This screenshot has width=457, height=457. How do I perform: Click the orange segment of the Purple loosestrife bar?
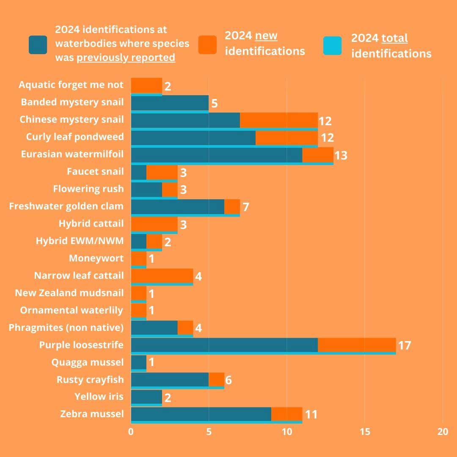pyautogui.click(x=357, y=345)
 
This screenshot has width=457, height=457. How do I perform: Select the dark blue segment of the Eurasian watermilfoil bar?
pyautogui.click(x=217, y=154)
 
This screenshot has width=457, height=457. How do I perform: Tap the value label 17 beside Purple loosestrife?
pyautogui.click(x=405, y=346)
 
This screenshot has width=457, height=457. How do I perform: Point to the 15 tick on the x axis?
pyautogui.click(x=365, y=432)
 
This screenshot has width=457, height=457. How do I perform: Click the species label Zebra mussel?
pyautogui.click(x=92, y=413)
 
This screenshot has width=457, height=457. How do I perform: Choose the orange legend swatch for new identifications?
pyautogui.click(x=207, y=44)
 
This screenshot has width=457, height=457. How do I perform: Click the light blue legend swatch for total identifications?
pyautogui.click(x=332, y=46)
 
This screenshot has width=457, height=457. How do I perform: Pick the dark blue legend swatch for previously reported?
pyautogui.click(x=38, y=44)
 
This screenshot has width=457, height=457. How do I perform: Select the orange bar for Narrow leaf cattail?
pyautogui.click(x=162, y=275)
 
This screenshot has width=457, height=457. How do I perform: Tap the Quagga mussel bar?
pyautogui.click(x=138, y=362)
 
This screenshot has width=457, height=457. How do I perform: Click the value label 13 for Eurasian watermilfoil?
pyautogui.click(x=341, y=155)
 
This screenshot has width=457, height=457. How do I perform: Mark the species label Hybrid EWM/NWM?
pyautogui.click(x=80, y=241)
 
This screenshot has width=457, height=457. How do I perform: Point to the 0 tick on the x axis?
pyautogui.click(x=131, y=432)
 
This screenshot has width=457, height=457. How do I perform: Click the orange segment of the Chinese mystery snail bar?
pyautogui.click(x=279, y=120)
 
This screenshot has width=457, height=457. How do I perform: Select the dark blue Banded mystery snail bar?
pyautogui.click(x=170, y=102)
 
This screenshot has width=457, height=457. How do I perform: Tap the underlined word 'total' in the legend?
pyautogui.click(x=394, y=39)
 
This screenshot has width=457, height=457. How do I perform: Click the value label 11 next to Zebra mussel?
pyautogui.click(x=311, y=414)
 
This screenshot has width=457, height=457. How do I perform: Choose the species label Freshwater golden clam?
pyautogui.click(x=66, y=206)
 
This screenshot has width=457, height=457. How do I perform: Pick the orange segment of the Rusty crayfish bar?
pyautogui.click(x=217, y=380)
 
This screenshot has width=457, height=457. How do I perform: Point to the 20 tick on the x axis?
pyautogui.click(x=442, y=432)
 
